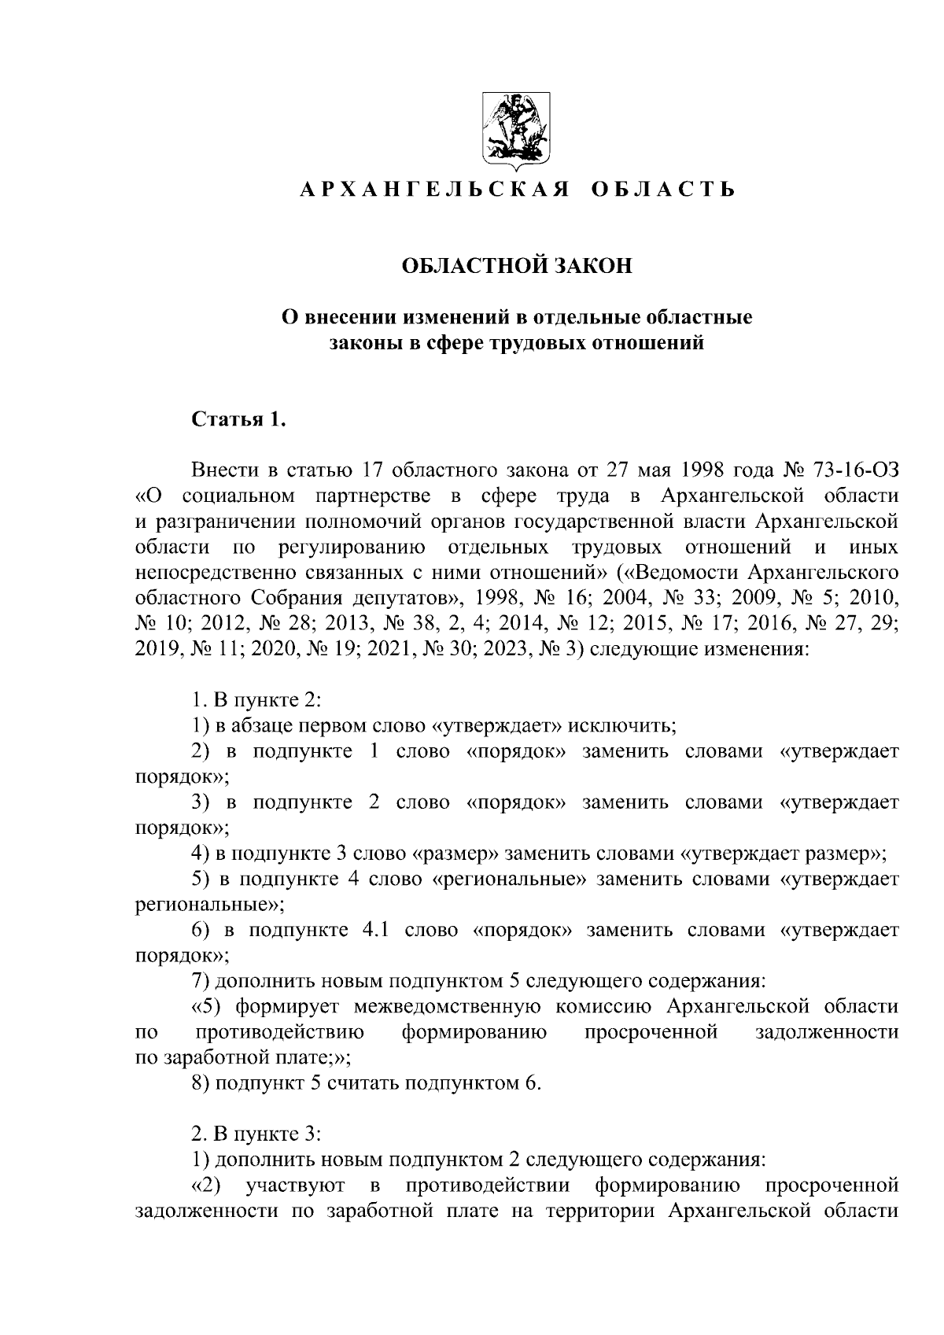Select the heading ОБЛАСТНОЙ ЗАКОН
[x=517, y=267]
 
